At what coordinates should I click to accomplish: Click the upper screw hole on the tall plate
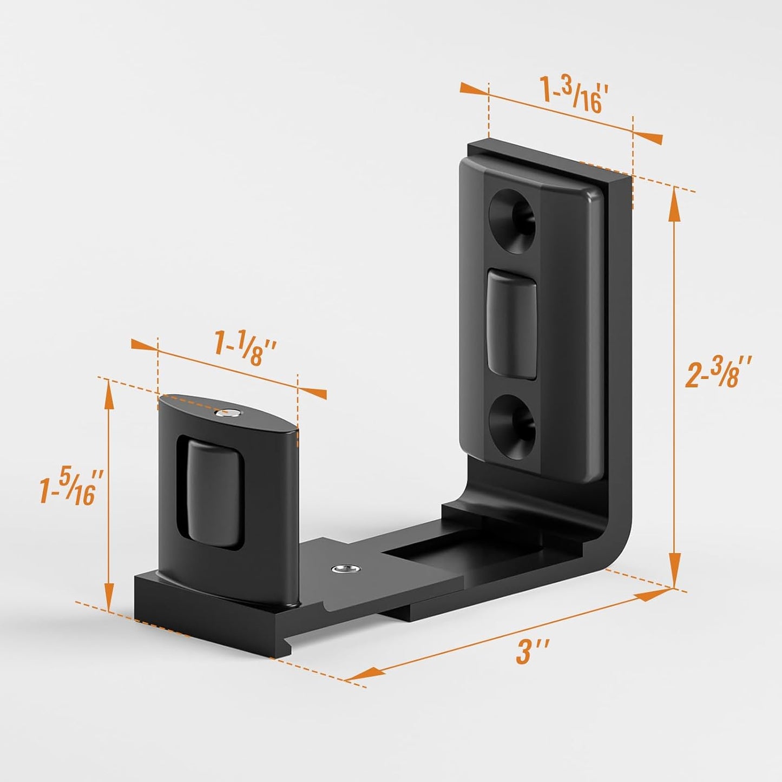click(x=512, y=220)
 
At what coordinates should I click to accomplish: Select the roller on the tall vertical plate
click(x=512, y=323)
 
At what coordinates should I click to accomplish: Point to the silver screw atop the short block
click(x=221, y=413)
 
